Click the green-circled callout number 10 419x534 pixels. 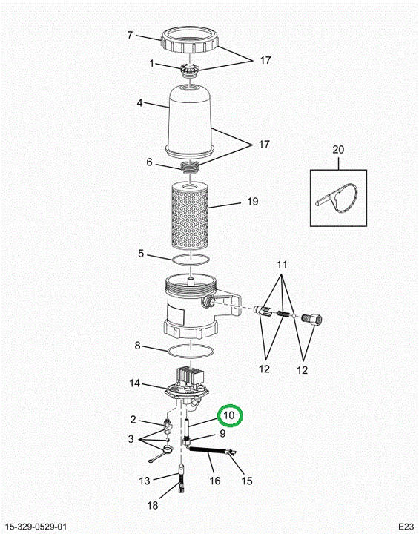tap(229, 415)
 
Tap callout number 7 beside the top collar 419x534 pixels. tap(130, 35)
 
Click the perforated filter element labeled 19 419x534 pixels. tap(190, 215)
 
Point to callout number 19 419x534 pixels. tap(252, 201)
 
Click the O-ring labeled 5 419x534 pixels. tap(191, 260)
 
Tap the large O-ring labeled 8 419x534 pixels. tap(191, 351)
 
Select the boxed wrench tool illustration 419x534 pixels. tap(338, 198)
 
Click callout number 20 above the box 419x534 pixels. tap(338, 150)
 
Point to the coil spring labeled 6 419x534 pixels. tap(189, 167)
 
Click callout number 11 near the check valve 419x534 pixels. tap(282, 265)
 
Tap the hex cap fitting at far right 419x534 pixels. tap(312, 319)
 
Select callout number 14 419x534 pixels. tap(134, 383)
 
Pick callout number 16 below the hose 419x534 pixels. tap(214, 481)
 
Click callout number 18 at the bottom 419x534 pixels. tap(153, 505)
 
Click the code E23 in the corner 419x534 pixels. tap(406, 526)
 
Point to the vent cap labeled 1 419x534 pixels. tap(188, 70)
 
